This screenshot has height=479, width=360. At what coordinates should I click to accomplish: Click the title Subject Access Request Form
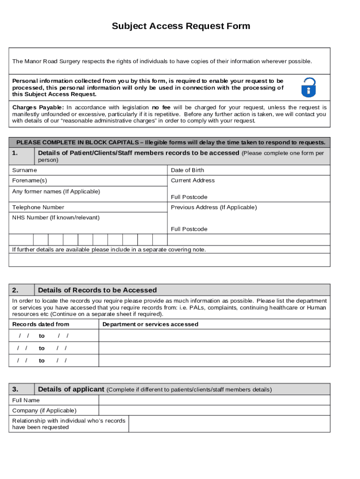tap(181, 26)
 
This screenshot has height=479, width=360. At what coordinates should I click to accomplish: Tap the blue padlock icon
tap(308, 87)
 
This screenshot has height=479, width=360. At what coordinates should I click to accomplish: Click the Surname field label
tap(24, 170)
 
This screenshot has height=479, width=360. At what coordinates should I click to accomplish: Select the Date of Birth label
tap(187, 170)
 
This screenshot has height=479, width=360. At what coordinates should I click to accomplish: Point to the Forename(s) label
tap(29, 181)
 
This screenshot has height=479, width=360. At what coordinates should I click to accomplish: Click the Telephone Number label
tap(38, 207)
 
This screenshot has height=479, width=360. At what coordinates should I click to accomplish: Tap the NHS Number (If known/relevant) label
tap(56, 218)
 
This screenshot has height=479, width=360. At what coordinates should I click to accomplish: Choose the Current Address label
tap(193, 181)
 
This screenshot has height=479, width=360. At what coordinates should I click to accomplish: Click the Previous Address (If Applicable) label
tap(214, 207)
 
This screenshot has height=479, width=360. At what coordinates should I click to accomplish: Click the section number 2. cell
tap(22, 290)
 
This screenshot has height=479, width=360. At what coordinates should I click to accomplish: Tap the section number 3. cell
tap(22, 389)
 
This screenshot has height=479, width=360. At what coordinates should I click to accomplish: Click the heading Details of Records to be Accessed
tap(97, 290)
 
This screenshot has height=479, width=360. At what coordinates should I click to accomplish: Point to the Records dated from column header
tap(41, 324)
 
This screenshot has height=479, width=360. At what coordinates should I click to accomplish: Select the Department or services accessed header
tap(150, 324)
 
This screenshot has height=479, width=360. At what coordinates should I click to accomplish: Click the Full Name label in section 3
tap(26, 400)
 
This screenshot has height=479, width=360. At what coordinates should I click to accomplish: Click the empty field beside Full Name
tap(214, 400)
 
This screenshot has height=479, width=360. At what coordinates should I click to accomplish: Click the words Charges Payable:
tap(38, 107)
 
